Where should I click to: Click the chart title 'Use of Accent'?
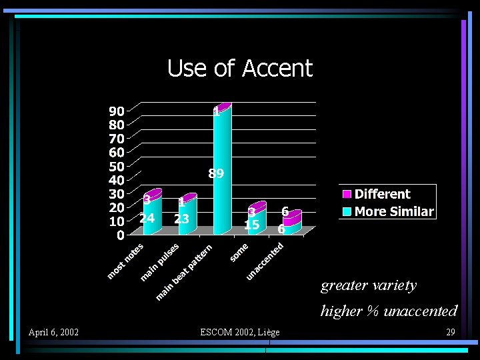point(239,68)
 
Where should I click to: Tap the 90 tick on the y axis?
point(116,111)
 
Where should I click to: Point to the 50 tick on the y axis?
point(116,166)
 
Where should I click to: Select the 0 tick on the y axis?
point(120,235)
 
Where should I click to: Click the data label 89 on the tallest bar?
point(216,173)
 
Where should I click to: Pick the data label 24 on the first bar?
point(147,218)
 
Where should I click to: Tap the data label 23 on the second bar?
point(182,218)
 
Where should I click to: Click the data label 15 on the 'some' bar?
point(251,225)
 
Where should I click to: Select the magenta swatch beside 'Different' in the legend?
point(347,195)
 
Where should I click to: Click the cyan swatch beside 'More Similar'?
point(347,212)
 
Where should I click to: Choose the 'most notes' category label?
point(126,261)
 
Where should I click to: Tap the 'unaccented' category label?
point(265,261)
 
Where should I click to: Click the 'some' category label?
point(239,253)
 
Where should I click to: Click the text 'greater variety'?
point(369,285)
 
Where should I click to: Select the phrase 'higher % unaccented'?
point(389,311)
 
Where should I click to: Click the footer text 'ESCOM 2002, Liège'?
point(240,332)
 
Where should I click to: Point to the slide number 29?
point(450,332)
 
